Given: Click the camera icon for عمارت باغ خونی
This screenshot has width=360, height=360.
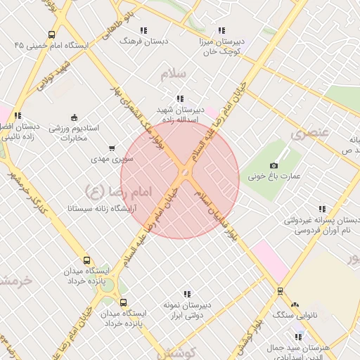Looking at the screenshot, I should click(274, 164).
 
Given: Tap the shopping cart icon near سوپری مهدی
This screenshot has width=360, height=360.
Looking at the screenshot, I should click(112, 148).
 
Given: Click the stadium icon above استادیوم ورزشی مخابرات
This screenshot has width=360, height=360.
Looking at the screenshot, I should click(75, 117).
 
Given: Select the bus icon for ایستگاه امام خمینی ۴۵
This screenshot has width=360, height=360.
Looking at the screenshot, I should click(51, 34).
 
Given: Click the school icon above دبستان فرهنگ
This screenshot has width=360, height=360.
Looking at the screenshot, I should click(144, 30).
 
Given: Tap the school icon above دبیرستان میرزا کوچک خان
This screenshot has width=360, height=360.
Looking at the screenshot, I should click(221, 30).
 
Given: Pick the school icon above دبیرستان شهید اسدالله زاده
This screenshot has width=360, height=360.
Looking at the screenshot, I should click(180, 99).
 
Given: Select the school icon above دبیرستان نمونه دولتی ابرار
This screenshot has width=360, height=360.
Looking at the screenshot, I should click(187, 294).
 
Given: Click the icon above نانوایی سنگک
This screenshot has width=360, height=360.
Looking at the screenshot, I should click(295, 305).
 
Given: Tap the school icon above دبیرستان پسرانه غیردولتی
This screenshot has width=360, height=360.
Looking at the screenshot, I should click(322, 209).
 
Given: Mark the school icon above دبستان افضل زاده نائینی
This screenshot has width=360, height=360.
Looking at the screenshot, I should click(18, 115).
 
